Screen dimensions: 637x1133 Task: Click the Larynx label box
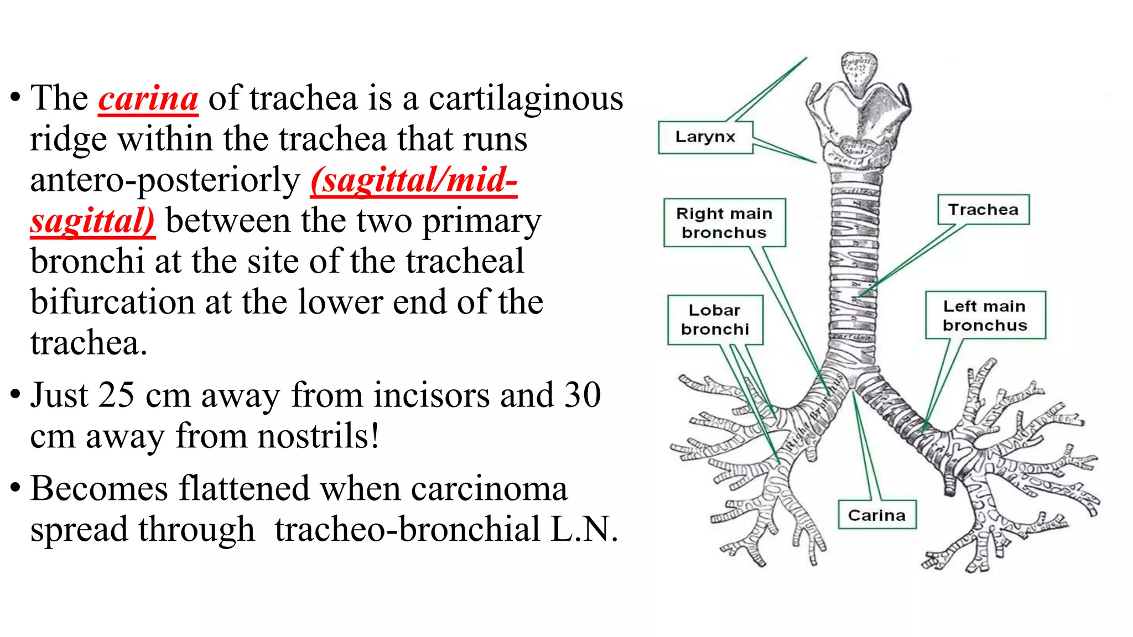pyautogui.click(x=705, y=137)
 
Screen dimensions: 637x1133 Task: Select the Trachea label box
pyautogui.click(x=983, y=210)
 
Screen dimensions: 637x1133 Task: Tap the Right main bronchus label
pyautogui.click(x=724, y=223)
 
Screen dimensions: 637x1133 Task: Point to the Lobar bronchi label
pyautogui.click(x=715, y=320)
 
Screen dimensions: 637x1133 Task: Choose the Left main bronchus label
pyautogui.click(x=985, y=315)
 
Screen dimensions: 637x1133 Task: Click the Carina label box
pyautogui.click(x=877, y=515)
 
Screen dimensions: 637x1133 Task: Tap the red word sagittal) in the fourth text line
pyautogui.click(x=92, y=221)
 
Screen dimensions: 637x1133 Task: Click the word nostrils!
pyautogui.click(x=277, y=436)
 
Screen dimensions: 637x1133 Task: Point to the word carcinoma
pyautogui.click(x=489, y=489)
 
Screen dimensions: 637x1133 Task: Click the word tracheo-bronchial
pyautogui.click(x=407, y=529)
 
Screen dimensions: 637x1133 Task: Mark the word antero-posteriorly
pyautogui.click(x=165, y=180)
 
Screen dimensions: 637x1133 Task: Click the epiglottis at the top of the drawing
pyautogui.click(x=858, y=67)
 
